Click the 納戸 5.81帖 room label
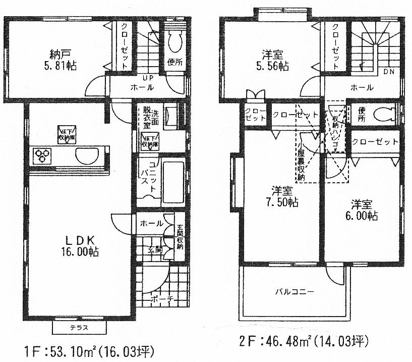point(63,60)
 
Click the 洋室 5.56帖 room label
point(275,60)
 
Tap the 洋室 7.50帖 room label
point(284,196)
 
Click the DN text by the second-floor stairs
point(388,72)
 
